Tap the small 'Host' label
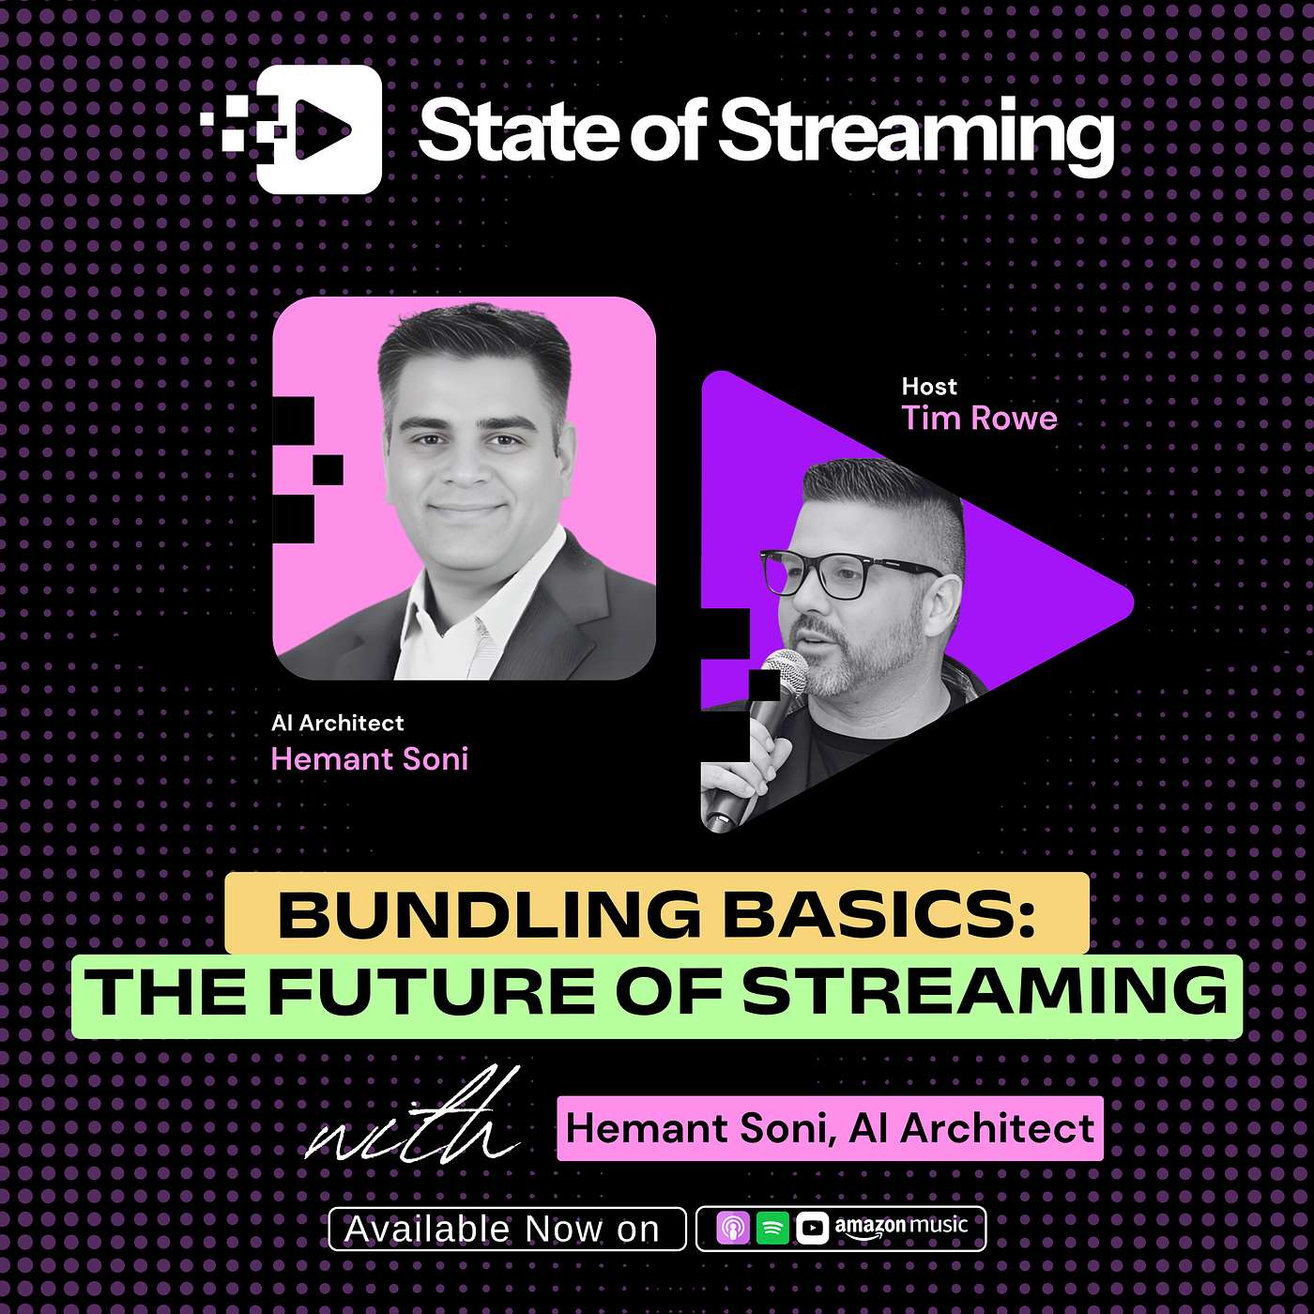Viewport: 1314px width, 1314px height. pos(929,387)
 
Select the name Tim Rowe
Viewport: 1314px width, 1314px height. pos(979,418)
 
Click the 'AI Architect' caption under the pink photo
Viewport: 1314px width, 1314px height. pos(337,723)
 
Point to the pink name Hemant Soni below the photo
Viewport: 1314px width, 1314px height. pos(369,758)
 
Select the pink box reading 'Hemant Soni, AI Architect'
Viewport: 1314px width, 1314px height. pos(830,1128)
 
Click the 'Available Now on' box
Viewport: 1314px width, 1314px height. pos(506,1229)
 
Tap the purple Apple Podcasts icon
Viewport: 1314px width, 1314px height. pos(733,1228)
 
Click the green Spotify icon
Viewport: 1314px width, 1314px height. pos(772,1228)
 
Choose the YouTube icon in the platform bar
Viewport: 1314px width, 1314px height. pos(813,1228)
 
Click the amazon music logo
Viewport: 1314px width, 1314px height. pos(901,1228)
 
